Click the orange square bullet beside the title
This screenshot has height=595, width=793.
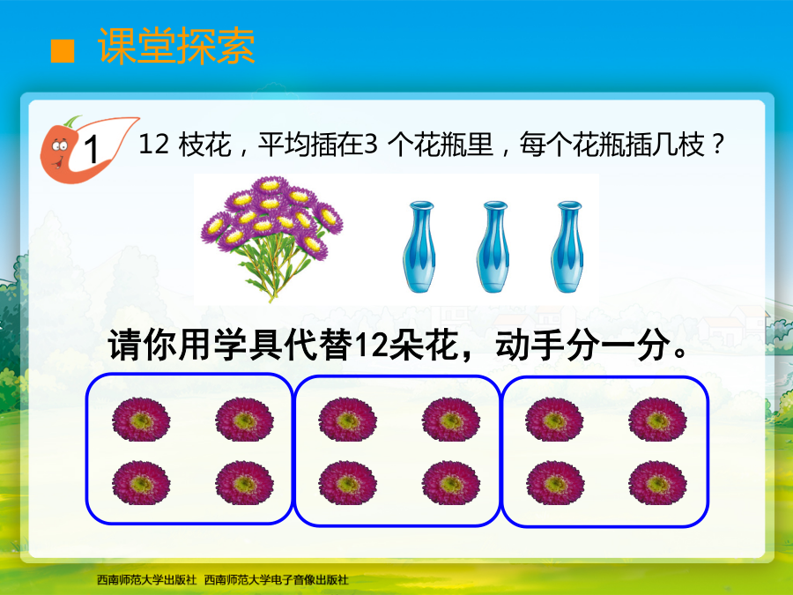[63, 51]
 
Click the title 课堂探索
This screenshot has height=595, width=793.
[176, 46]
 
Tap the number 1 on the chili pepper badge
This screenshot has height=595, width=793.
[91, 149]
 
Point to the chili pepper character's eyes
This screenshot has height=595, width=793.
[60, 146]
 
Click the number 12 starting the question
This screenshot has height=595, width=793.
[153, 145]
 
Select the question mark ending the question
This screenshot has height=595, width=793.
[717, 145]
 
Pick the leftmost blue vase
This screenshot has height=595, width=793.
[419, 247]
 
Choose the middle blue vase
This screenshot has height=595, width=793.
[493, 247]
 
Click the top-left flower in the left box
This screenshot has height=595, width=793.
[141, 420]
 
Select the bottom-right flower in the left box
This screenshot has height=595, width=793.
[244, 483]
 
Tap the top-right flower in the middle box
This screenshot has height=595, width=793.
[451, 420]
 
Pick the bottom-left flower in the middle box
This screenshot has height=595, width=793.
[347, 483]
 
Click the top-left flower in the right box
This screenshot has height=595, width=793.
[554, 420]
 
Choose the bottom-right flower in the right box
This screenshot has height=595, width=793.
[657, 483]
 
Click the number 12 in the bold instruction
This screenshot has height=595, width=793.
[371, 346]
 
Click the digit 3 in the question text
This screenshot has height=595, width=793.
[371, 145]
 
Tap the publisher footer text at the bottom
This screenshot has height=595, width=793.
[223, 580]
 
